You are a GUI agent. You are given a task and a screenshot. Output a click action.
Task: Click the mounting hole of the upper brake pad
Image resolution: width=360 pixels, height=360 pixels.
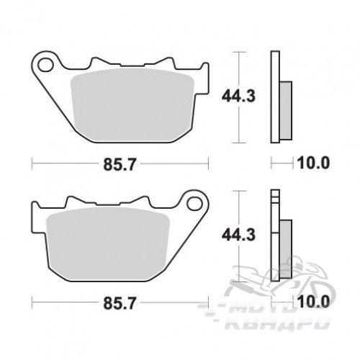pos(45,65)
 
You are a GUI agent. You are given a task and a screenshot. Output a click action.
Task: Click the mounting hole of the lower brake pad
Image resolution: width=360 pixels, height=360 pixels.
pos(194,204)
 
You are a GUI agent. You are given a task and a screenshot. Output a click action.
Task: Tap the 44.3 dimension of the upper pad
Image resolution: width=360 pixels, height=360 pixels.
pos(238,96)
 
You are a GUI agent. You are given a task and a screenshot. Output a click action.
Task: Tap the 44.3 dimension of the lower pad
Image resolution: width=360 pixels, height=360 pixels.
pos(238,235)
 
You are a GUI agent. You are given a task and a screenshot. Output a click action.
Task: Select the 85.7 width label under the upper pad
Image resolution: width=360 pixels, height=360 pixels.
pos(120,165)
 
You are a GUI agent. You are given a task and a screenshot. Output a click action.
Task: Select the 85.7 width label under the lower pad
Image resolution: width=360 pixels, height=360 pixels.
pos(120,303)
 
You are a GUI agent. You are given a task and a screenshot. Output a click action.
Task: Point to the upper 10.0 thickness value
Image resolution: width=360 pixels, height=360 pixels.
pos(313,163)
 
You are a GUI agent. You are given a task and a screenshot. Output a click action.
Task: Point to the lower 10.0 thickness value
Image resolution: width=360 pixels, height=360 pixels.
pos(313,302)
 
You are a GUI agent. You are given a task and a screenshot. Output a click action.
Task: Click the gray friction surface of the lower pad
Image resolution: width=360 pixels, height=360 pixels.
pos(108,244)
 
